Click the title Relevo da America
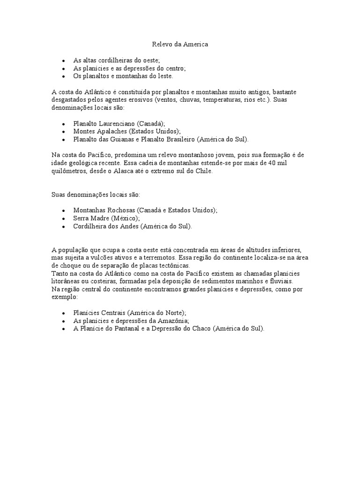pyautogui.click(x=180, y=45)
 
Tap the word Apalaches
pyautogui.click(x=112, y=132)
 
